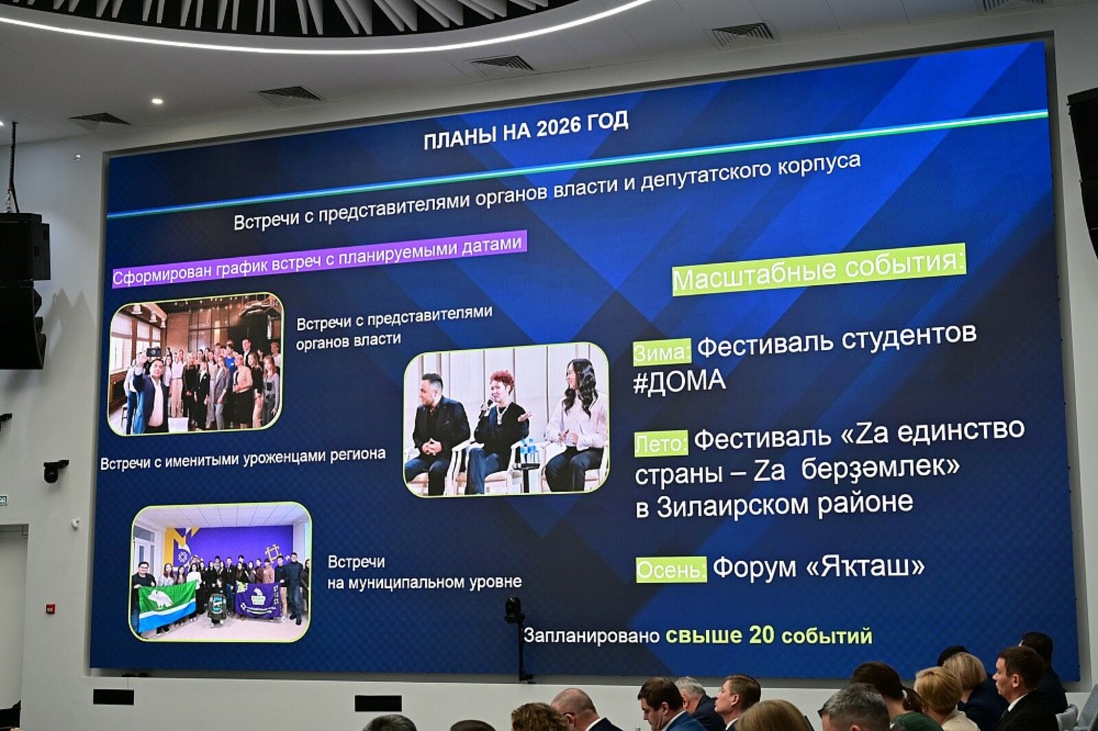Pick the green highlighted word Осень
(672, 570)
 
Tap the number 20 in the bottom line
(761, 636)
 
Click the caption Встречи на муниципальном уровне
(424, 573)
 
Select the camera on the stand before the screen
(514, 610)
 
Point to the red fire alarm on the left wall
(50, 608)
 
